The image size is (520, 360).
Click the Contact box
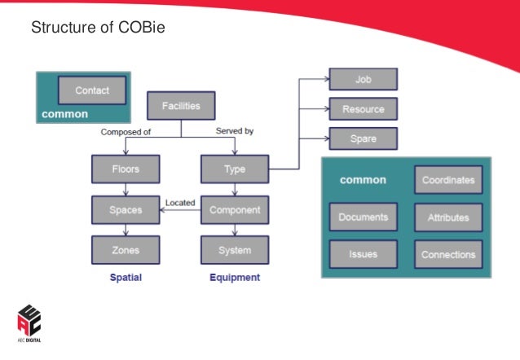pyautogui.click(x=92, y=90)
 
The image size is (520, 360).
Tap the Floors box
pyautogui.click(x=125, y=169)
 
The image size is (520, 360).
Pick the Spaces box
pyautogui.click(x=125, y=209)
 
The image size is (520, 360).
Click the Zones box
pyautogui.click(x=125, y=249)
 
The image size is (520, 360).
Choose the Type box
pyautogui.click(x=235, y=169)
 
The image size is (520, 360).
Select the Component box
pyautogui.click(x=235, y=209)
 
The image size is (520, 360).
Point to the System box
pyautogui.click(x=235, y=249)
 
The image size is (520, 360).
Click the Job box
pyautogui.click(x=363, y=80)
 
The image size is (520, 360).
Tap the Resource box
pyautogui.click(x=363, y=109)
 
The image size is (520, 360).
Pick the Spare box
pyautogui.click(x=363, y=138)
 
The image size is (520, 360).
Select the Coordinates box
pyautogui.click(x=447, y=180)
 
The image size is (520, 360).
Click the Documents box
pyautogui.click(x=364, y=217)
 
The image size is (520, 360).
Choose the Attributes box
pyautogui.click(x=447, y=217)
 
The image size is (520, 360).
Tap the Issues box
pyautogui.click(x=364, y=254)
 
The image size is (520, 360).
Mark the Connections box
pyautogui.click(x=447, y=254)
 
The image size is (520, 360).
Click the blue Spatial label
pyautogui.click(x=126, y=278)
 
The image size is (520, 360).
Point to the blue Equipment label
pyautogui.click(x=235, y=278)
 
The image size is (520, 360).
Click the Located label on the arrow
pyautogui.click(x=179, y=202)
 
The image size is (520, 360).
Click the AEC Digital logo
pyautogui.click(x=29, y=324)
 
